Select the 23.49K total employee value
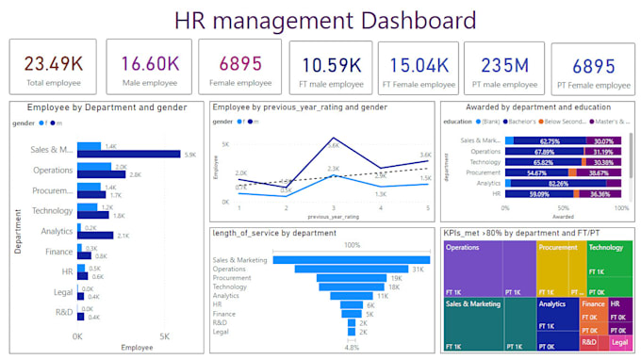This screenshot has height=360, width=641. point(53,63)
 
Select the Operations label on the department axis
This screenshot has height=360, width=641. point(54,171)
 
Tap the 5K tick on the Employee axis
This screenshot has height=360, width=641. point(163,335)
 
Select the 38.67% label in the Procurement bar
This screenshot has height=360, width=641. point(598,173)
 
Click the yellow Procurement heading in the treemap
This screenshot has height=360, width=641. point(558,248)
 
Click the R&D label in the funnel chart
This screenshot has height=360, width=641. point(219,321)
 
